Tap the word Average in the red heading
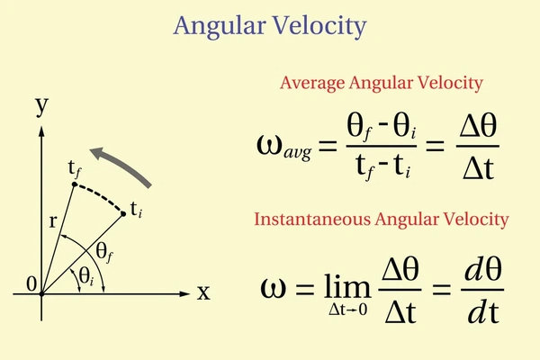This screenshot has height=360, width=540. [x=312, y=84]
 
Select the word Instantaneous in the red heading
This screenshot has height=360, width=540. [x=312, y=219]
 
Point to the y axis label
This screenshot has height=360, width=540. [x=42, y=106]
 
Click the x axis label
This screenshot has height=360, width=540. [x=203, y=293]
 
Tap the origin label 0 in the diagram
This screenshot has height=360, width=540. [x=31, y=284]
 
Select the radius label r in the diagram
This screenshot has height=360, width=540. [x=52, y=221]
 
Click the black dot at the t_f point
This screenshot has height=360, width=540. [x=75, y=184]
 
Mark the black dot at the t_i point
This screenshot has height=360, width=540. [x=123, y=214]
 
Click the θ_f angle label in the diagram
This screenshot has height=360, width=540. [x=104, y=253]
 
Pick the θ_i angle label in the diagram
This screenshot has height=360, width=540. [x=86, y=276]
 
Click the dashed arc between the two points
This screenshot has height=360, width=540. [x=100, y=195]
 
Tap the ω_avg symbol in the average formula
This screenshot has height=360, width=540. [x=284, y=147]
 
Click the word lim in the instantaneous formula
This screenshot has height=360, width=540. [x=347, y=285]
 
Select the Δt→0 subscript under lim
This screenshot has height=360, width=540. [x=347, y=310]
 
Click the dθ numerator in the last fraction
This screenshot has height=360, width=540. [x=482, y=269]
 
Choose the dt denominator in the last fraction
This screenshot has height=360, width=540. [x=483, y=312]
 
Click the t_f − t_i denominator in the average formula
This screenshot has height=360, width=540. [x=382, y=166]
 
